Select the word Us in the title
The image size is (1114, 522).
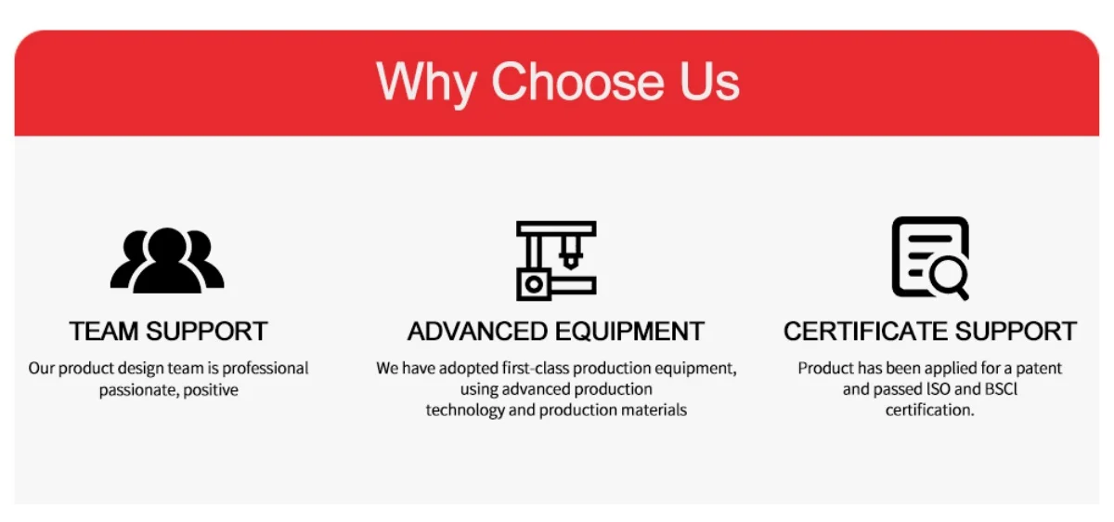click(709, 81)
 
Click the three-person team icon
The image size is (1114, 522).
click(167, 260)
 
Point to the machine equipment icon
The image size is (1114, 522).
click(556, 261)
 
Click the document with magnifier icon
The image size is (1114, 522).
click(930, 258)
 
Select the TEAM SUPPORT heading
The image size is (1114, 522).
click(168, 331)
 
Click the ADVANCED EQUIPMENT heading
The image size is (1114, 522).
click(555, 331)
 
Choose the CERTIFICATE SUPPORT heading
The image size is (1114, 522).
click(930, 331)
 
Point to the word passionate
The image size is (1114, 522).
click(138, 390)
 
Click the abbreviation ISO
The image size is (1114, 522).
click(938, 389)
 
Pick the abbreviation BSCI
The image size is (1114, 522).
click(1001, 389)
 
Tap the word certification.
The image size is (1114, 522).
click(929, 410)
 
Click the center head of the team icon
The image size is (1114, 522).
click(167, 245)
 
